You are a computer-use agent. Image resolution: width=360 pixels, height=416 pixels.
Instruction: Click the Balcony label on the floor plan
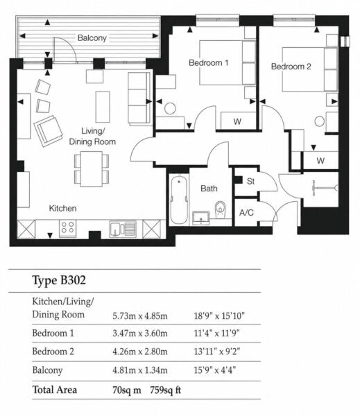point(92,38)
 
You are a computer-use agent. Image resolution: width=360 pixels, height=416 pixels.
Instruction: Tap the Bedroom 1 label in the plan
point(208,63)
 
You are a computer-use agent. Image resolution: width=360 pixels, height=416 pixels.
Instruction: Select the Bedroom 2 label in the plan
point(291,67)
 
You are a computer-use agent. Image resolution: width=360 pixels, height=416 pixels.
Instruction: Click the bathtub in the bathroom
point(179,200)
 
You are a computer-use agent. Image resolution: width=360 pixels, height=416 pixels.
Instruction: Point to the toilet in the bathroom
point(221,209)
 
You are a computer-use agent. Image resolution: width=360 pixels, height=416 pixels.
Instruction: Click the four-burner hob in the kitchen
point(67,228)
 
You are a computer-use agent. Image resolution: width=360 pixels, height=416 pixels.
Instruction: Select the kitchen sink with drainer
point(123,229)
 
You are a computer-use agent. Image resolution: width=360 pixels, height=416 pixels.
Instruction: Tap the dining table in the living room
point(92,168)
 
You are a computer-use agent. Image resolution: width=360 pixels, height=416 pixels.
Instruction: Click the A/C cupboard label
point(246,213)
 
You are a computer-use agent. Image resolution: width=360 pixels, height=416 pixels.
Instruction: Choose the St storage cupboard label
point(250,181)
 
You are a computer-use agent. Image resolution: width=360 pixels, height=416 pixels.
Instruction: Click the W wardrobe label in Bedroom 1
point(237,121)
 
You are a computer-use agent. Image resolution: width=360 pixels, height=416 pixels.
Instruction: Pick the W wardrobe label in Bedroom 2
point(320,161)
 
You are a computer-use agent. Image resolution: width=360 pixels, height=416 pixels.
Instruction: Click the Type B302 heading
point(59,280)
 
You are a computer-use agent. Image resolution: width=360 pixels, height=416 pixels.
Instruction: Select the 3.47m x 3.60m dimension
point(140,333)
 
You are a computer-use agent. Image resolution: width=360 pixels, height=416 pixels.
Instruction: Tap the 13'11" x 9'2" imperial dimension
point(216,352)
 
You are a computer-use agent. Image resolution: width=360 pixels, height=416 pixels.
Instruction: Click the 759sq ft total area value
point(165,390)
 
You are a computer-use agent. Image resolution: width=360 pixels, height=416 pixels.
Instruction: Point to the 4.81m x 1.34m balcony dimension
point(140,370)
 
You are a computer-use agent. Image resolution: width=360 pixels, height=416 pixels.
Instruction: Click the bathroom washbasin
point(201,218)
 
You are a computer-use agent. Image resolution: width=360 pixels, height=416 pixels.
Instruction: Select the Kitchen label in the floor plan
point(62,208)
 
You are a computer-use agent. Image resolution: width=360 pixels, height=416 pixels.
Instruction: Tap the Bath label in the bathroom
point(209,189)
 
